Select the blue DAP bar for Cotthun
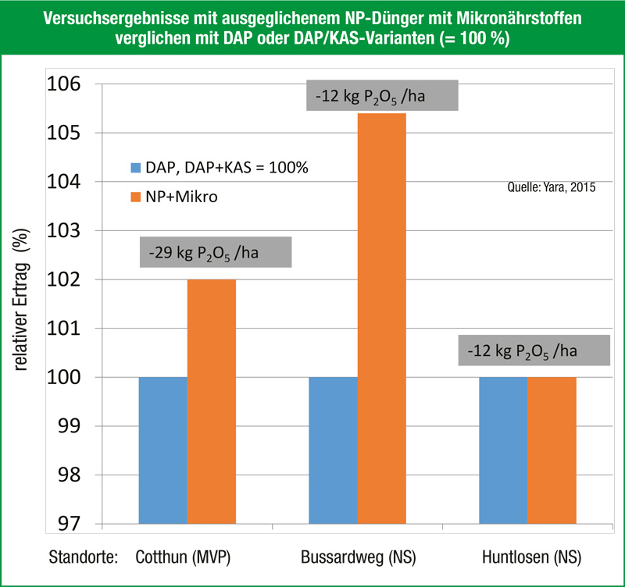click(x=162, y=450)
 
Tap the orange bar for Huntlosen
click(x=552, y=450)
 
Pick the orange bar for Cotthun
click(x=211, y=401)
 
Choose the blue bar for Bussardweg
click(x=334, y=450)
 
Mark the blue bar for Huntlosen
click(x=503, y=450)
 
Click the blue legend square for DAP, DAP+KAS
click(x=136, y=167)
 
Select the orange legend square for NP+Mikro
click(x=136, y=197)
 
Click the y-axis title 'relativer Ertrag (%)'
click(x=24, y=304)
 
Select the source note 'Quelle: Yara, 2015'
click(x=546, y=187)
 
